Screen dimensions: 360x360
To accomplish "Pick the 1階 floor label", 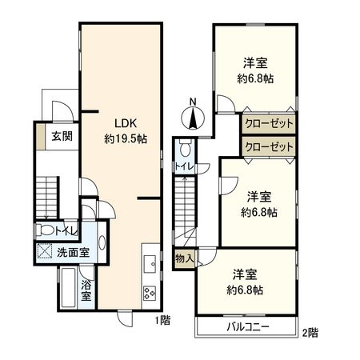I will tap(164, 320).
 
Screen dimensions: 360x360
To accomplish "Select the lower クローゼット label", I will tap(268, 147).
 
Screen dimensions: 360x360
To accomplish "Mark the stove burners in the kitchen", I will tap(150, 291).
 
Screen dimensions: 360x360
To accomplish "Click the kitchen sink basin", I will tap(150, 262).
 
